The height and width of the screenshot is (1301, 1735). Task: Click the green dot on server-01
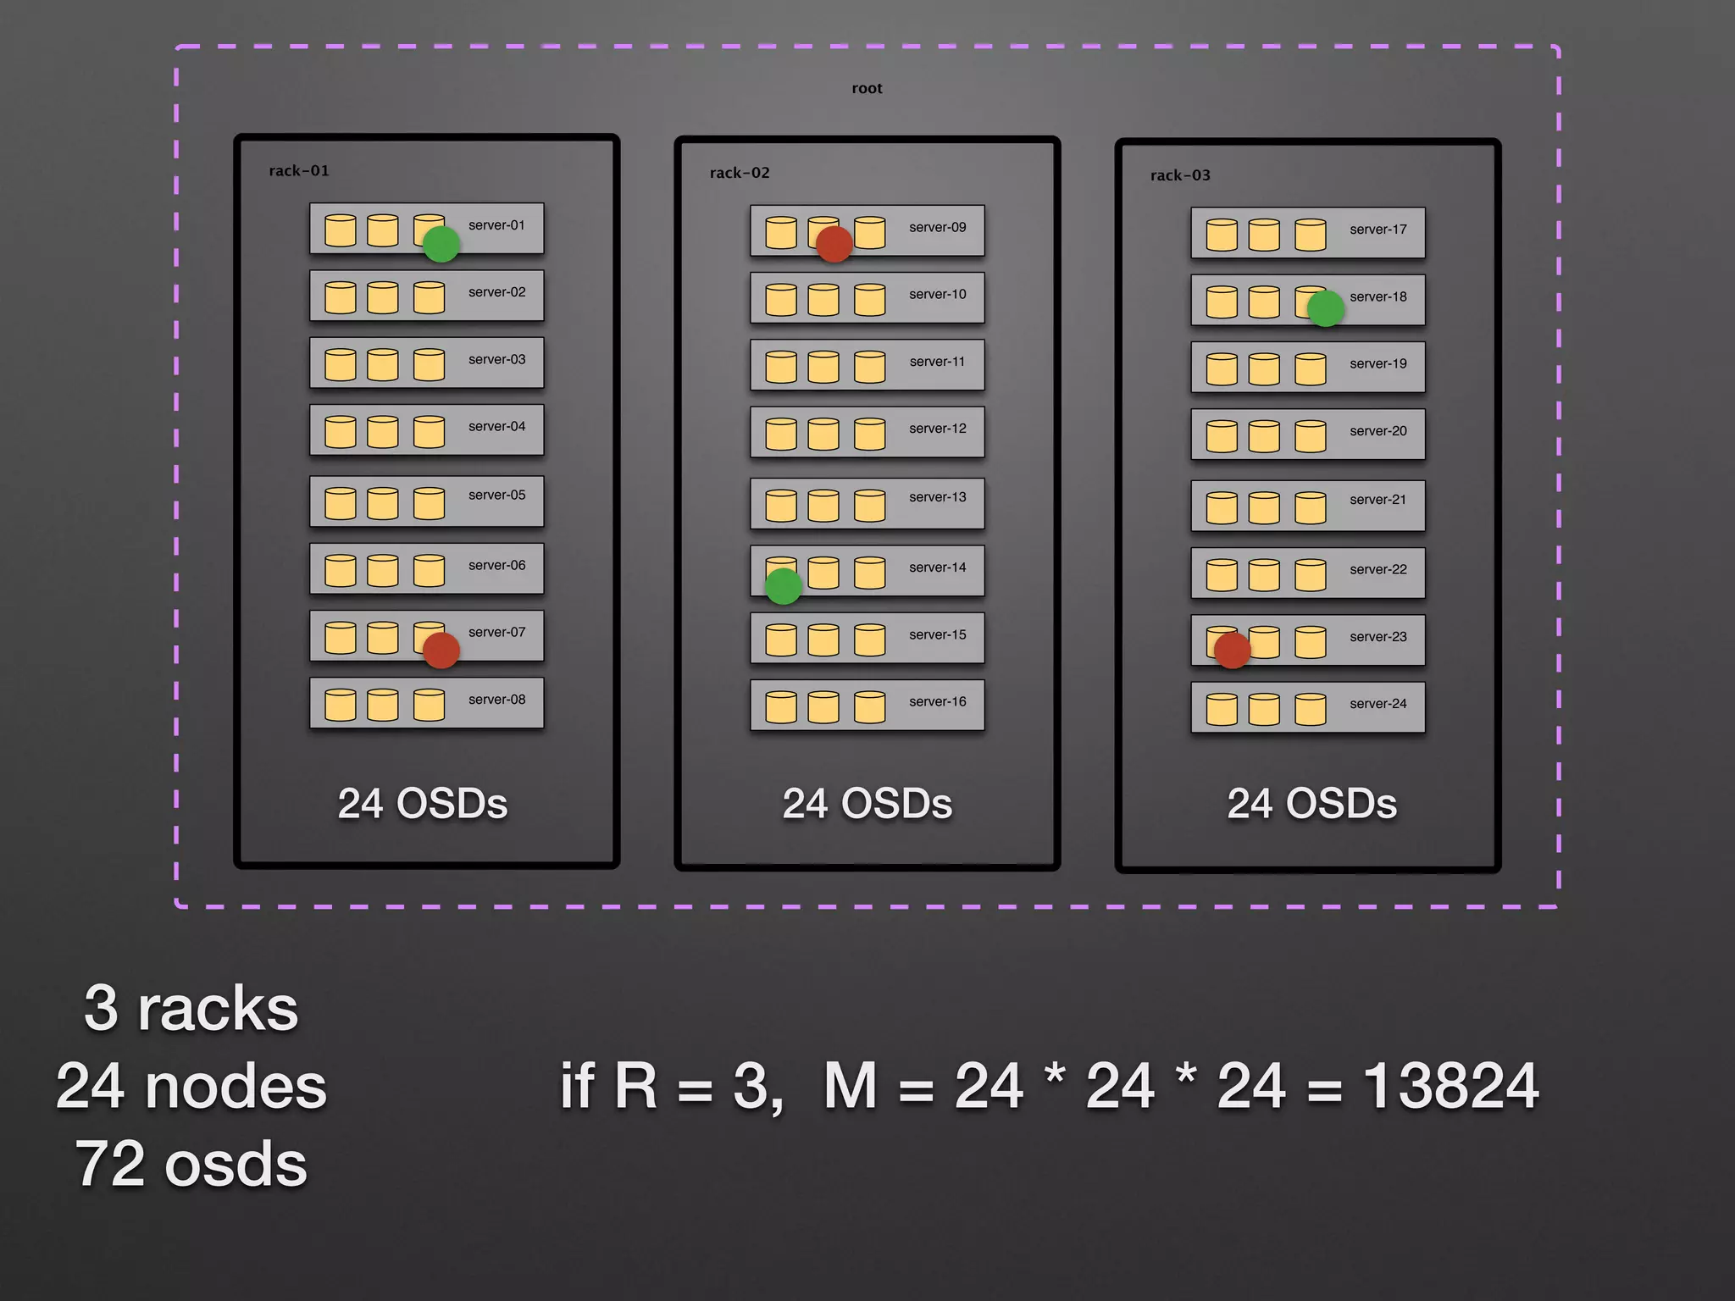pyautogui.click(x=441, y=244)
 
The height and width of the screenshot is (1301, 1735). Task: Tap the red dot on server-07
pyautogui.click(x=441, y=650)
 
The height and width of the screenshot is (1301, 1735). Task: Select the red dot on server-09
pyautogui.click(x=834, y=244)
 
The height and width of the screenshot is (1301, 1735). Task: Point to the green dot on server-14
pyautogui.click(x=784, y=586)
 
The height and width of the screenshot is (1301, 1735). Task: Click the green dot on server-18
pyautogui.click(x=1326, y=308)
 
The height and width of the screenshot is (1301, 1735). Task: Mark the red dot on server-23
pyautogui.click(x=1233, y=650)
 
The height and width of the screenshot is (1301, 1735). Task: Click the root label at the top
pyautogui.click(x=867, y=88)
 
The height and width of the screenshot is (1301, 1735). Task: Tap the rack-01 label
pyautogui.click(x=299, y=171)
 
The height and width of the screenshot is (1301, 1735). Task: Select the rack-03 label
pyautogui.click(x=1180, y=175)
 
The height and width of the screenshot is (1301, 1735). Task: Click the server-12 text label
pyautogui.click(x=937, y=429)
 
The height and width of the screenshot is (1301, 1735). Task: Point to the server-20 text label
pyautogui.click(x=1377, y=431)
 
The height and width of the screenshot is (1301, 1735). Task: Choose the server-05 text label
pyautogui.click(x=496, y=495)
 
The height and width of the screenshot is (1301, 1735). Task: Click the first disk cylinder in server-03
pyautogui.click(x=341, y=365)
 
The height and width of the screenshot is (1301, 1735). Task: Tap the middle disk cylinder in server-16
pyautogui.click(x=823, y=707)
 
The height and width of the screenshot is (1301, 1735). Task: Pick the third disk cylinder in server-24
pyautogui.click(x=1310, y=710)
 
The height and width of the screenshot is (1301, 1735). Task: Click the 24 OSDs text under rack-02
pyautogui.click(x=867, y=804)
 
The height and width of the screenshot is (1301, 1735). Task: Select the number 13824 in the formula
pyautogui.click(x=1450, y=1086)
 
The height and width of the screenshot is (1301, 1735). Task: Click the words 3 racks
pyautogui.click(x=191, y=1009)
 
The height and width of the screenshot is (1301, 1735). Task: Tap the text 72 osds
pyautogui.click(x=191, y=1165)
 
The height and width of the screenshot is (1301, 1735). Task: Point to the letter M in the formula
pyautogui.click(x=850, y=1086)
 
